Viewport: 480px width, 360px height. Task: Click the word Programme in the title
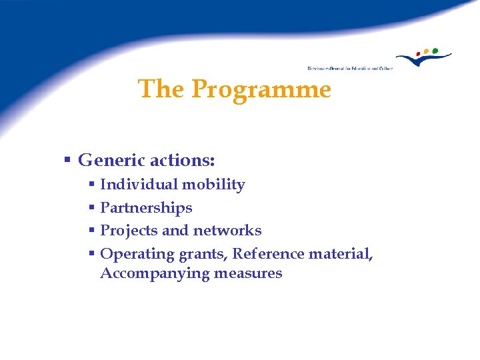point(261,89)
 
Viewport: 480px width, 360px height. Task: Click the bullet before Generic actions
point(67,161)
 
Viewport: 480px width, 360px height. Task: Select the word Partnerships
point(146,208)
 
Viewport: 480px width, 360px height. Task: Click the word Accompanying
point(155,273)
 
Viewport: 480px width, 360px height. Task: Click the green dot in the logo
point(435,50)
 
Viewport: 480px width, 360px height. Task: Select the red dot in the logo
point(418,53)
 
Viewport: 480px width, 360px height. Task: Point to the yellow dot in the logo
point(427,51)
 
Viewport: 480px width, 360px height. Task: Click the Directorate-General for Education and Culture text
point(350,68)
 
